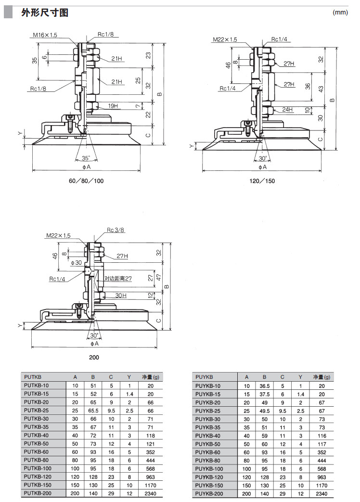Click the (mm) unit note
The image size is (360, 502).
coord(340,13)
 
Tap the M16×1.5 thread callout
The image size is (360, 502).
coord(45,35)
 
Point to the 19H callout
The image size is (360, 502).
coord(113,105)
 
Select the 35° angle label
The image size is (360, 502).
coord(86,158)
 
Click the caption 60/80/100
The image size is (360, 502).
coord(87,181)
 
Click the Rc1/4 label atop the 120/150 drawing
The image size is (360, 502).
coord(279,39)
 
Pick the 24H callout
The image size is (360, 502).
coord(287,109)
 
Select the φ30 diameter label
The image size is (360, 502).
coord(76,262)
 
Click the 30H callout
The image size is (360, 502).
coord(120,295)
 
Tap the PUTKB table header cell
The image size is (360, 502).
coord(33,377)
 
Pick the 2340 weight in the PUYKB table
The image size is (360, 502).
coord(321,494)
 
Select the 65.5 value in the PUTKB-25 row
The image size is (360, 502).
coord(93,411)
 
